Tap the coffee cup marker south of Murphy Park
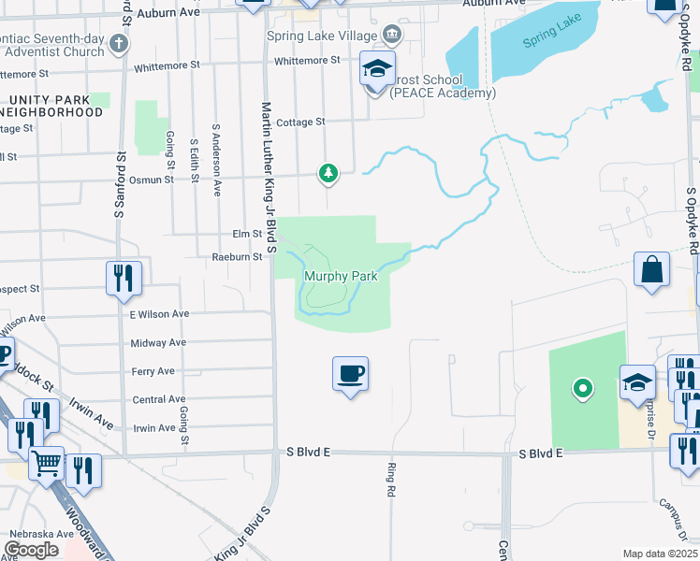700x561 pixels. [x=350, y=375]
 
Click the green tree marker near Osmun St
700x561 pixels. [x=328, y=173]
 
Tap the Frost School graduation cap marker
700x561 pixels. [x=376, y=70]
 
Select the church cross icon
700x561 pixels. [x=118, y=43]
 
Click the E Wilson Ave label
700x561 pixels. [x=159, y=314]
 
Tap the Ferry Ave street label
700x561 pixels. [x=153, y=371]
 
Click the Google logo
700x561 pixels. [x=31, y=550]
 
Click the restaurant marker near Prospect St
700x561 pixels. [x=123, y=278]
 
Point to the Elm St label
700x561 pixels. [x=245, y=234]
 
